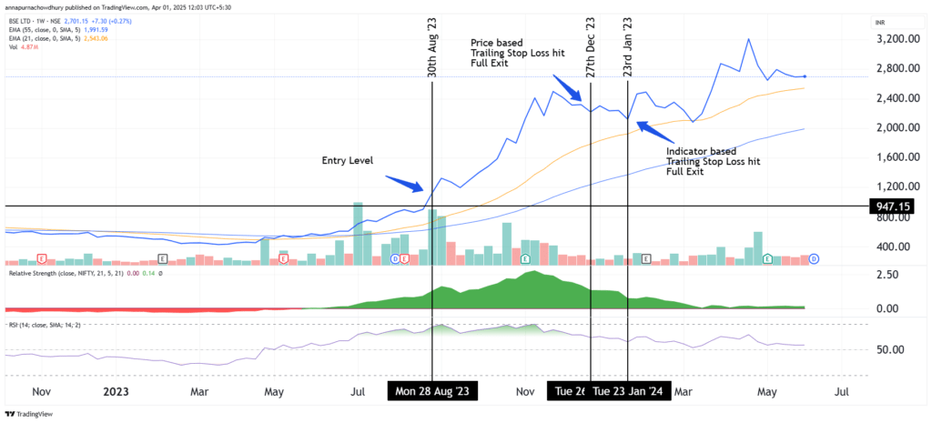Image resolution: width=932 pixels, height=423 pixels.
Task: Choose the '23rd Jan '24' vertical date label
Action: (x=627, y=47)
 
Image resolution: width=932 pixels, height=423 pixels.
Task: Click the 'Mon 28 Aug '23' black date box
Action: (x=432, y=391)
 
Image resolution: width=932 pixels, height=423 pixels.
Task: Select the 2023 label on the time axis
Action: (x=116, y=392)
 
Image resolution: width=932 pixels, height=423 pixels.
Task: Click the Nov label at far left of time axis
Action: (x=41, y=392)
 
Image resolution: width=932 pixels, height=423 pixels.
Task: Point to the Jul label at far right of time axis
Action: (x=841, y=392)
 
